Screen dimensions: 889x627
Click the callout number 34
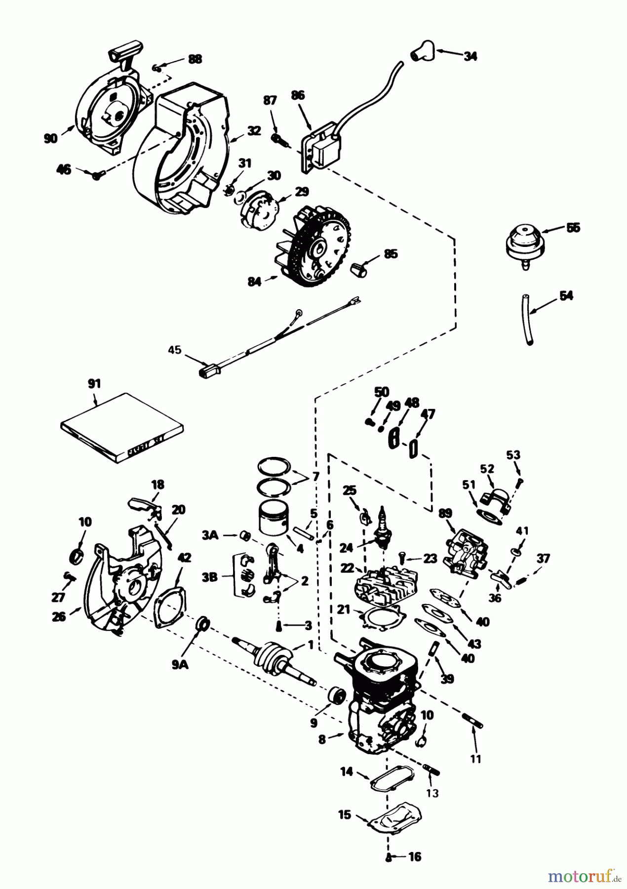click(470, 56)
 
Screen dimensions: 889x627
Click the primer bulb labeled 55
click(524, 243)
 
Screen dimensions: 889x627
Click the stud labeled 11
click(472, 732)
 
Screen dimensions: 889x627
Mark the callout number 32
click(254, 131)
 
